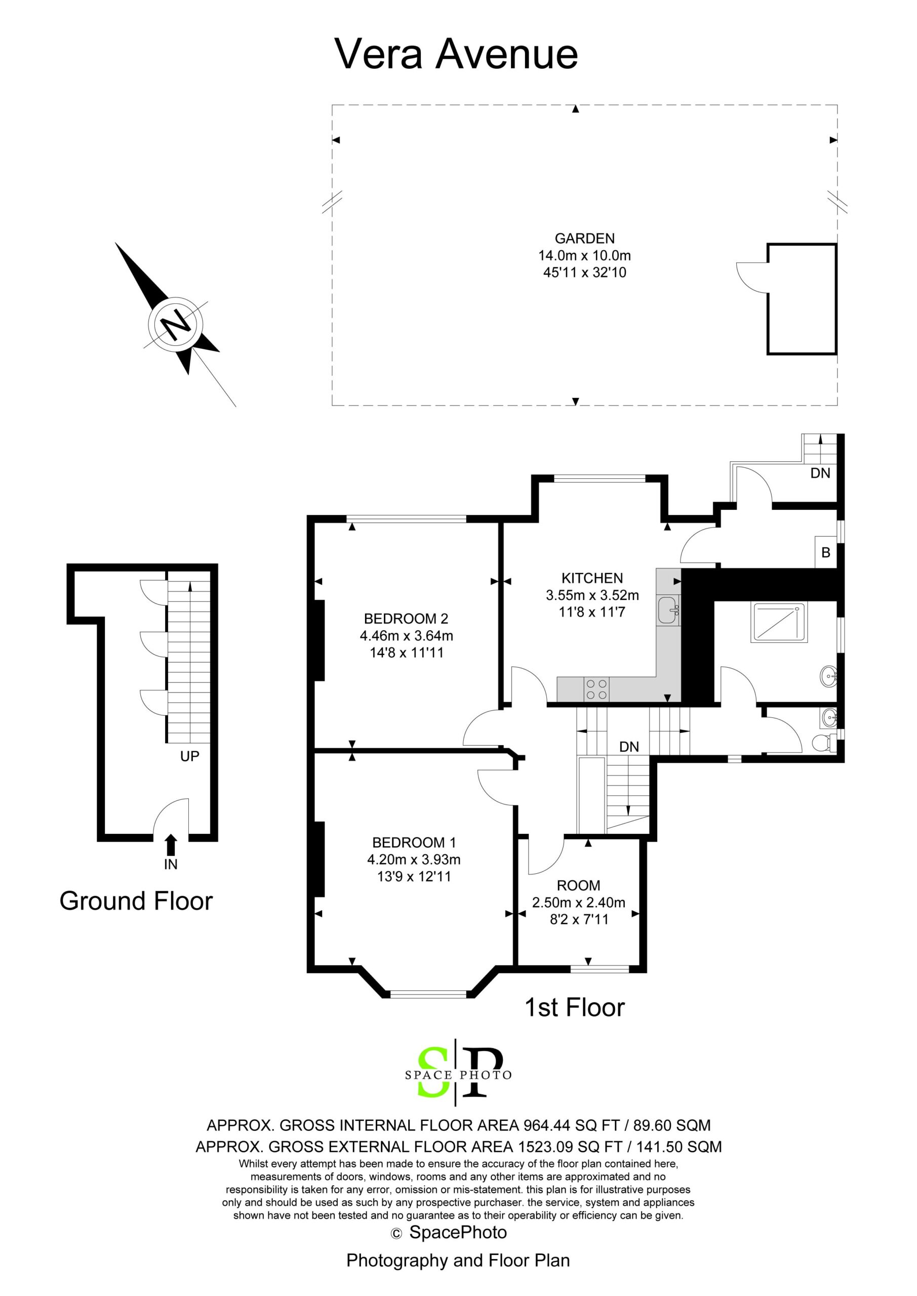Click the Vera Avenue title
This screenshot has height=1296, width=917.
456,54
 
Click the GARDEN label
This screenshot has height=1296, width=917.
584,239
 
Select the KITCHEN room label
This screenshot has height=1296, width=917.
592,578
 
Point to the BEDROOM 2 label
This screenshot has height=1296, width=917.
406,619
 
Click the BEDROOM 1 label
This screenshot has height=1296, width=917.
414,843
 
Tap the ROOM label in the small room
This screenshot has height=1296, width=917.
578,885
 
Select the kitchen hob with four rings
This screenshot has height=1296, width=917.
597,688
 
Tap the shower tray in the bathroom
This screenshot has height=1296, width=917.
779,622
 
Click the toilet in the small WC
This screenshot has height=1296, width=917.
825,743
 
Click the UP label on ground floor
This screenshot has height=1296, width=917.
190,756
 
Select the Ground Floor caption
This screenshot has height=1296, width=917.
136,901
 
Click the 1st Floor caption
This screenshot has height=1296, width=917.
575,1007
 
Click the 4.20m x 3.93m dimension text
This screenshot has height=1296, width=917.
414,860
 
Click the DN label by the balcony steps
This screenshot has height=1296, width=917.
820,473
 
